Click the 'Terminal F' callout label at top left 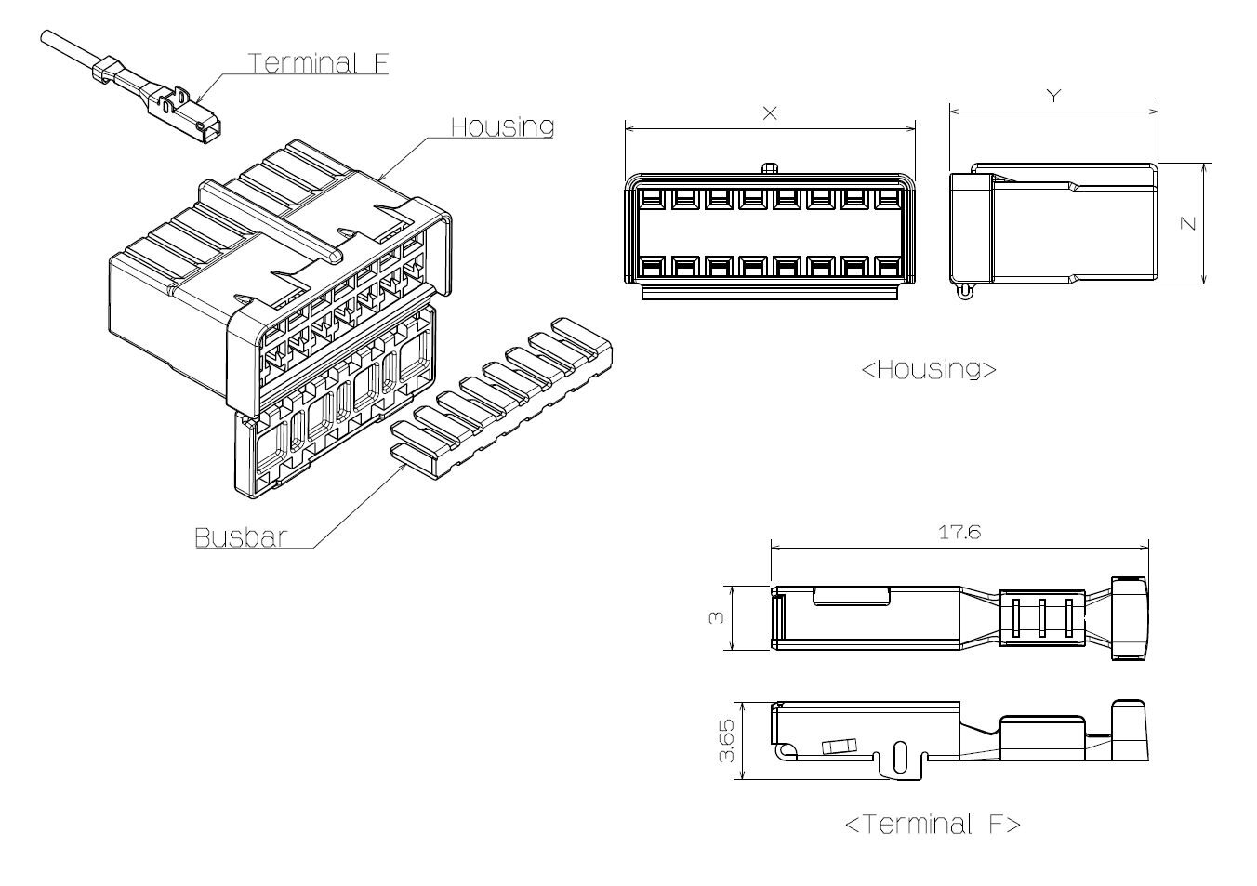tap(318, 63)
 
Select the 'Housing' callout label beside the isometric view tap(503, 126)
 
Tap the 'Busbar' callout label tap(241, 537)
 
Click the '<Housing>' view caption tap(929, 369)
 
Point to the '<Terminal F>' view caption tap(933, 824)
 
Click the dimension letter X tap(770, 113)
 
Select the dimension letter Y tap(1054, 96)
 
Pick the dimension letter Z tap(1188, 223)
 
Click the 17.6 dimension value tap(959, 532)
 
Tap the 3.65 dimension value tap(726, 740)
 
